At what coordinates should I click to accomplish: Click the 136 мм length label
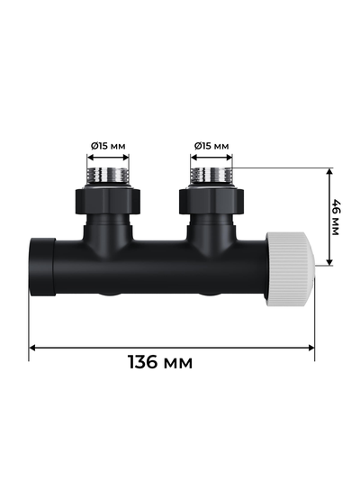point(160,362)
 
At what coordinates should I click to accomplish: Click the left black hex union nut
point(109,199)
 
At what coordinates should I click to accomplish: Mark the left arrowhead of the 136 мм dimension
point(33,347)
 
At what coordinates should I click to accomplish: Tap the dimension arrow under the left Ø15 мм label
point(109,159)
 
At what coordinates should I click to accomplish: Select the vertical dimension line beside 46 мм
point(328,216)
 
